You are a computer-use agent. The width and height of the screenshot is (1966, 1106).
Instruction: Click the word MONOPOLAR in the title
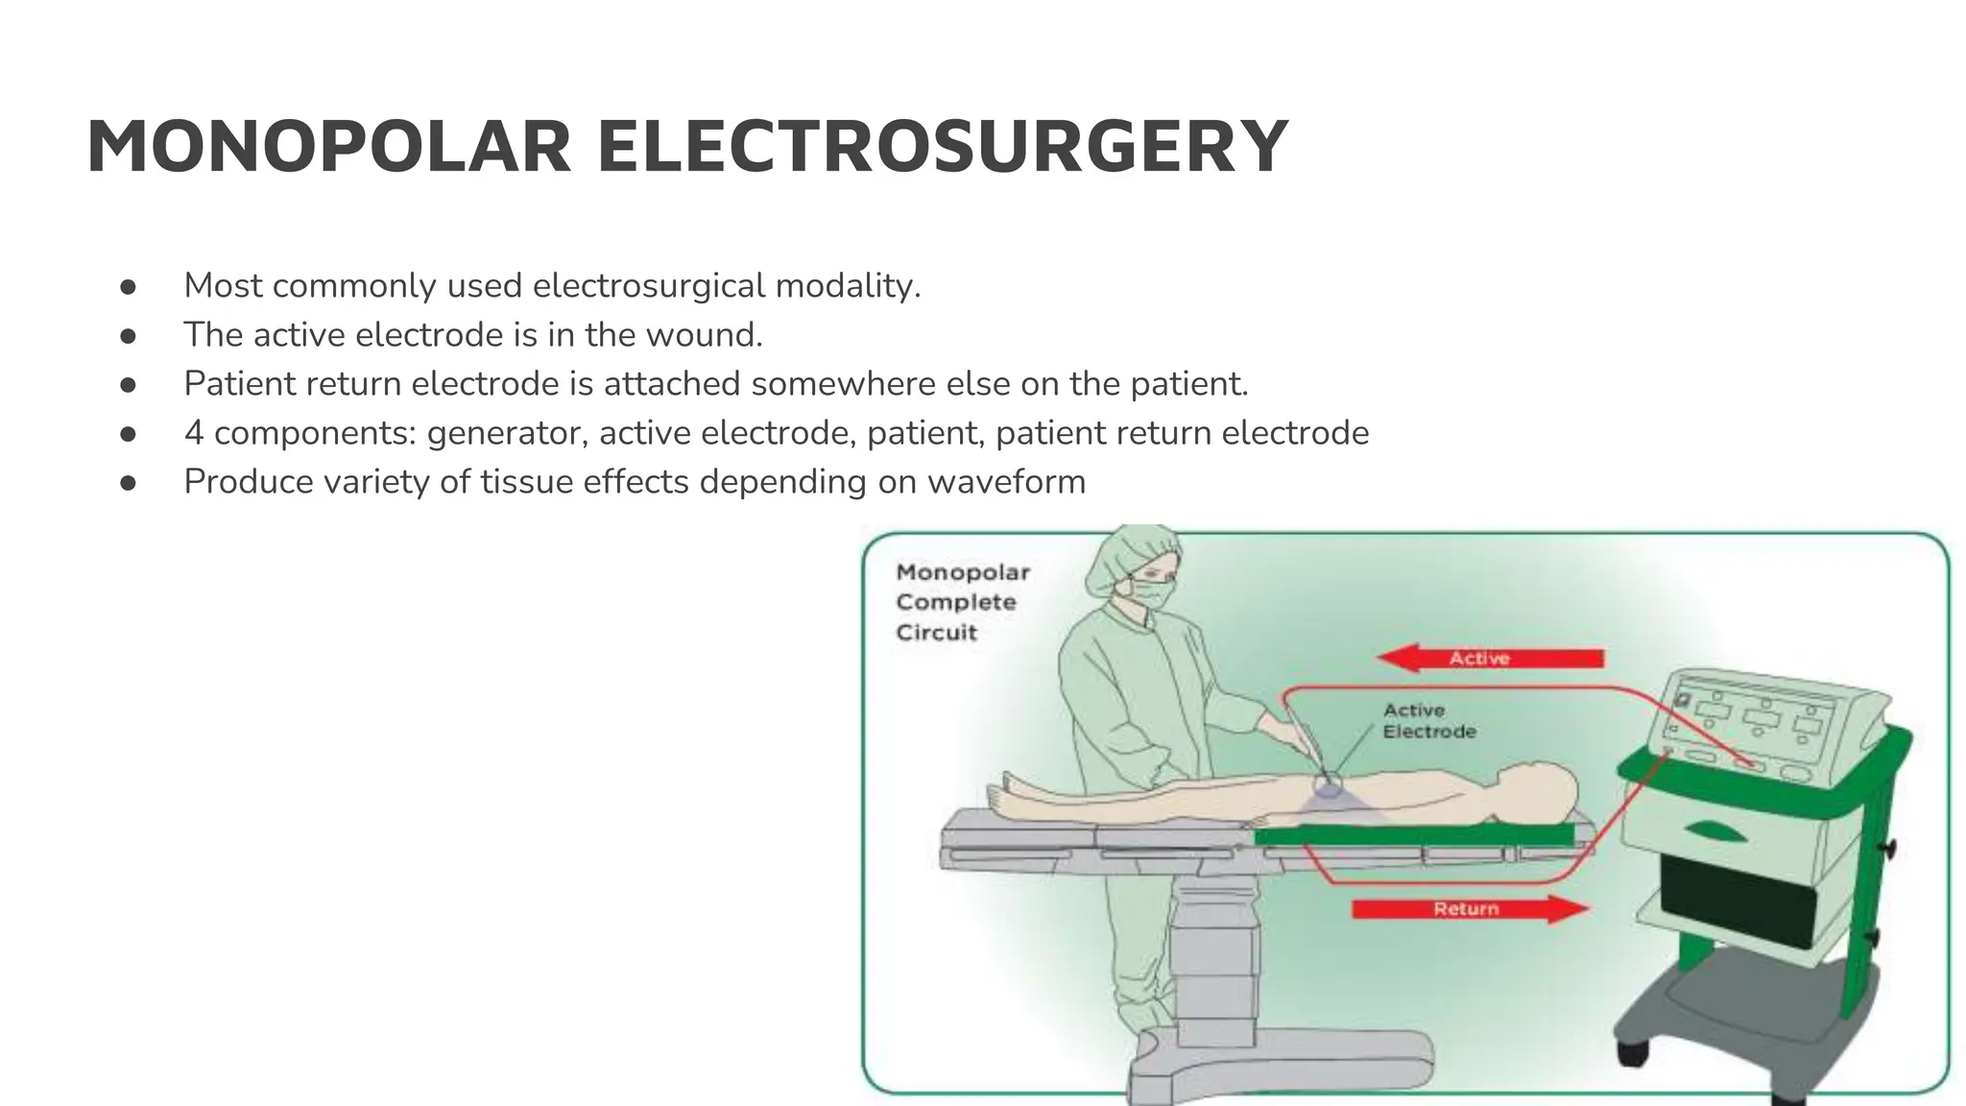pos(329,148)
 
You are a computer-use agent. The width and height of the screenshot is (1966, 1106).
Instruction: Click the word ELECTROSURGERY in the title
pos(943,148)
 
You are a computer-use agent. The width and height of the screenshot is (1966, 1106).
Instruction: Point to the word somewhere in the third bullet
pos(843,384)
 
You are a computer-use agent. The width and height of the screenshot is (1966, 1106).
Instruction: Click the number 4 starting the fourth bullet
pos(194,433)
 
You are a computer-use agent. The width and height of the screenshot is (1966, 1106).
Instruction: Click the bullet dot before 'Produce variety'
pos(129,483)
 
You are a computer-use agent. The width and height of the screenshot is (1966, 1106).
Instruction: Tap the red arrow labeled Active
pos(1490,659)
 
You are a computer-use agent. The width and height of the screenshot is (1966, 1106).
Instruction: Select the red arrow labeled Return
pos(1469,908)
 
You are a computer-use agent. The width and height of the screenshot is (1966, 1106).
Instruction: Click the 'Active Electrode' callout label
pos(1428,721)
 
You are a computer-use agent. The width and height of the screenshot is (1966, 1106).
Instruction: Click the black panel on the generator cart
pos(1738,898)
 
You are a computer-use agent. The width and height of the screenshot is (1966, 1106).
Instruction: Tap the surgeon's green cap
pos(1128,556)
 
